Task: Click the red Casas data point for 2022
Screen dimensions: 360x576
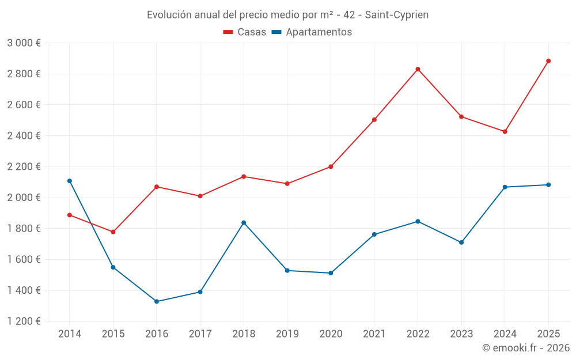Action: (418, 69)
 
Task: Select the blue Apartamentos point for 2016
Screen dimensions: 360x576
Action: (157, 301)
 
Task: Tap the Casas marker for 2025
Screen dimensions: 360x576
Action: (548, 61)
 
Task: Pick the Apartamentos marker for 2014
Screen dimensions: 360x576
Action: (70, 181)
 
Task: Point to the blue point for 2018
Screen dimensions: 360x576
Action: (244, 222)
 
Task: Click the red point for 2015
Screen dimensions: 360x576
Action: (113, 232)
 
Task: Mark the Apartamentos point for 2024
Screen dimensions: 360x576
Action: (505, 187)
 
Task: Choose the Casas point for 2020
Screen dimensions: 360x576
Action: (331, 166)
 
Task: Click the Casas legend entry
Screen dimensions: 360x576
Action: (245, 32)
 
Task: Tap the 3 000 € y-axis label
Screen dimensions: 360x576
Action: (24, 43)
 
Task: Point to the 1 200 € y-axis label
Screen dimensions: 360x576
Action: (24, 321)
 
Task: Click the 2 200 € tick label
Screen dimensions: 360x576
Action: (24, 166)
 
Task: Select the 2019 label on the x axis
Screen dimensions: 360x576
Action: (287, 334)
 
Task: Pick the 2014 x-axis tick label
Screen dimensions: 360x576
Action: (70, 334)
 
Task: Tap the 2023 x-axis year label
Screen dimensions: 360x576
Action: (461, 334)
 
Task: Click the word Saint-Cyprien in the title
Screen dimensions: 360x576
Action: (397, 15)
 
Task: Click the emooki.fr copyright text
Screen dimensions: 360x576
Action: (526, 348)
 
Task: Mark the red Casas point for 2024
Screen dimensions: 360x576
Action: (505, 131)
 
